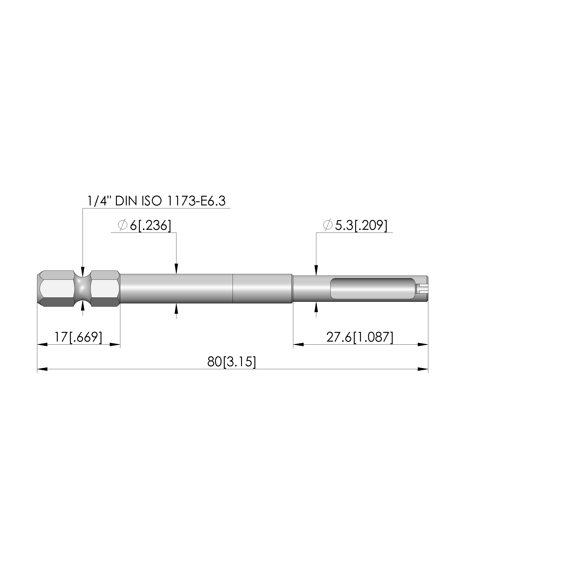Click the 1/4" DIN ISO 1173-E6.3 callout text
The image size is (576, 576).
coord(156,201)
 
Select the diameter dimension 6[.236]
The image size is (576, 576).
coord(151,225)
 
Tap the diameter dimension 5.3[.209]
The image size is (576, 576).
coord(361,225)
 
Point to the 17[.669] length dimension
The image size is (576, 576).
coord(78,337)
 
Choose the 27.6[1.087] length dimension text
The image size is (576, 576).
coord(360,337)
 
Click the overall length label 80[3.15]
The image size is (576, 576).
coord(232,362)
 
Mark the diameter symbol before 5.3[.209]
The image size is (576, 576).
coord(327,225)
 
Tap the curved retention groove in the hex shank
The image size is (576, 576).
coord(82,288)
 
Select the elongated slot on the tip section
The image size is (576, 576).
coord(373,289)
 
